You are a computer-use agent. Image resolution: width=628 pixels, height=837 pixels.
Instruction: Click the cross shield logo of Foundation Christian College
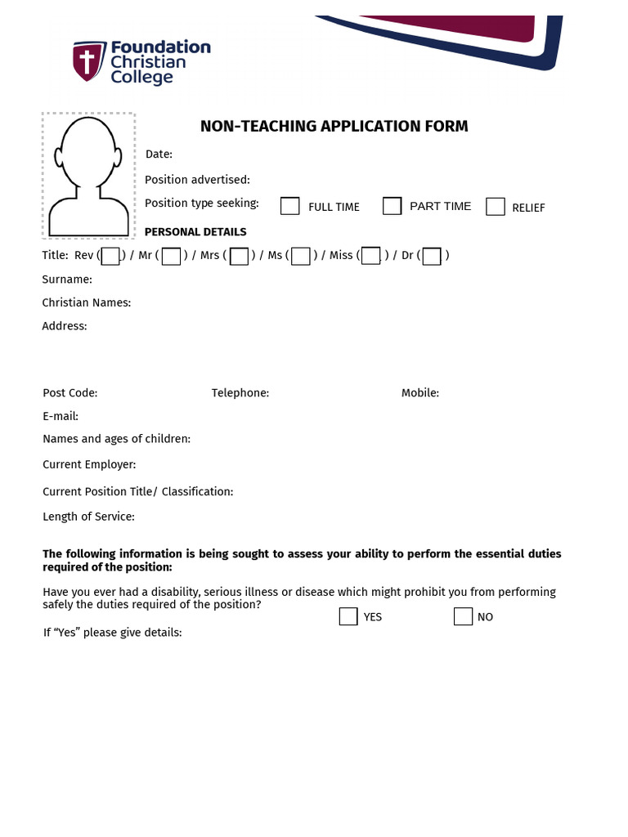pos(84,62)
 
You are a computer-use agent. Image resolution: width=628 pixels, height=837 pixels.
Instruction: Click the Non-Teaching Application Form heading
pos(334,126)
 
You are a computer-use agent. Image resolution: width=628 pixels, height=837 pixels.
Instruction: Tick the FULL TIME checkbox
pos(290,206)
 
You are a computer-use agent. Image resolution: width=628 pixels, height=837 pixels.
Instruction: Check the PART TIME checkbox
pos(392,206)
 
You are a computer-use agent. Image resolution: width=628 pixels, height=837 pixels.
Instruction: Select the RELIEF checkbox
pos(496,207)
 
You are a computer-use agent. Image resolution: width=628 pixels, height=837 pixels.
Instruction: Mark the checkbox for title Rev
pos(110,257)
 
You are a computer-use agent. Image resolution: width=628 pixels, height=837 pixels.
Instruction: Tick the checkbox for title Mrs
pos(239,257)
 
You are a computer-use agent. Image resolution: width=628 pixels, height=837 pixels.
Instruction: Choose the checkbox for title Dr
pos(432,257)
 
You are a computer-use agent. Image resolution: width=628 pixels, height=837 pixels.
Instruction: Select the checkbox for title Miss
pos(371,256)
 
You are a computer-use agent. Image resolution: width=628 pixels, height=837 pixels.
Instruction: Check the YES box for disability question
pos(348,616)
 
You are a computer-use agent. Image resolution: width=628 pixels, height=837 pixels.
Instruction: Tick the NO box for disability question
pos(464,616)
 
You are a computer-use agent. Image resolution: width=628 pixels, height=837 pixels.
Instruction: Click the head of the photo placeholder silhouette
pos(88,151)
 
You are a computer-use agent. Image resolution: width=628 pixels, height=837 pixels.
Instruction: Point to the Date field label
pos(159,154)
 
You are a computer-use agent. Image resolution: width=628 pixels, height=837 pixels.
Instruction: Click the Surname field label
pos(67,280)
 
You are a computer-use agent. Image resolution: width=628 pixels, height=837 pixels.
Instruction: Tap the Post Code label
pos(70,393)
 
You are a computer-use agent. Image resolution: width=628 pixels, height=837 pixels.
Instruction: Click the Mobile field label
pos(420,393)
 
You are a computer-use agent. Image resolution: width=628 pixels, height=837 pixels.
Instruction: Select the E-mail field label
pos(61,416)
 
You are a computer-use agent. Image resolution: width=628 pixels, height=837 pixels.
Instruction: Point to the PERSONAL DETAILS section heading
pos(195,232)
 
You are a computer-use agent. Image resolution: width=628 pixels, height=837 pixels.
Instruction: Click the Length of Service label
pos(88,517)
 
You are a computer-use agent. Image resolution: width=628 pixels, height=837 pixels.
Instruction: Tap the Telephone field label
pos(240,393)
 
